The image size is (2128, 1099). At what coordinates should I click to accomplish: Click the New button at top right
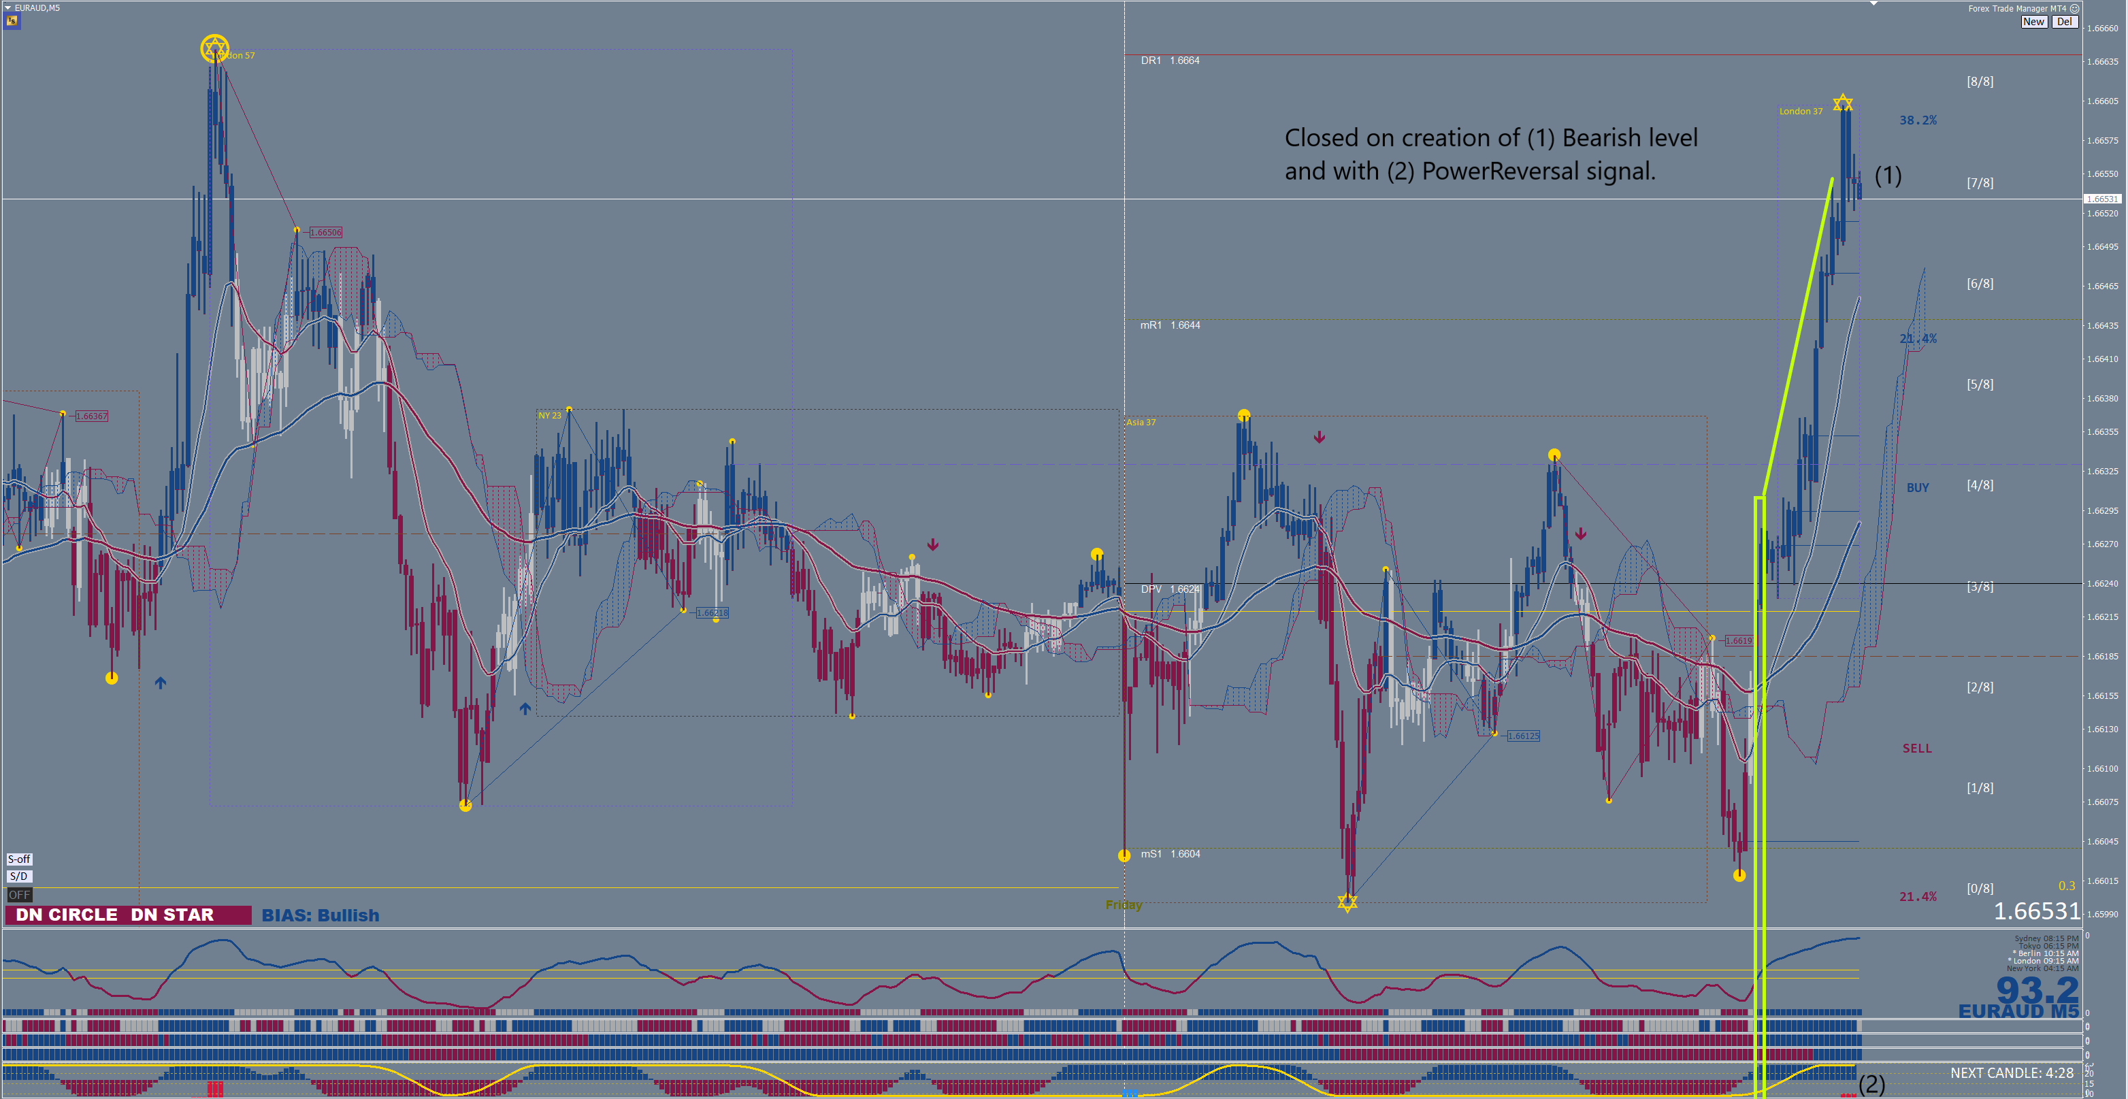2033,22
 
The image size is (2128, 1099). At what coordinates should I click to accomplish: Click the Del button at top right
2063,22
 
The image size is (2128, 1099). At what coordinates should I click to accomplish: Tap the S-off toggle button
19,859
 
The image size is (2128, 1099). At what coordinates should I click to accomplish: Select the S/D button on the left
19,876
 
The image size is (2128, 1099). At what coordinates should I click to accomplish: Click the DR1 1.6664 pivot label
1170,61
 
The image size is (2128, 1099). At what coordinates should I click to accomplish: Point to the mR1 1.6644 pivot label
1170,325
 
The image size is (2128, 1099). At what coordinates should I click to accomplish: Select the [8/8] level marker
1979,82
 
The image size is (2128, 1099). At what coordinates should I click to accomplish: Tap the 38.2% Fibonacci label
1917,120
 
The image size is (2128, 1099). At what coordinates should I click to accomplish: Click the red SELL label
1916,749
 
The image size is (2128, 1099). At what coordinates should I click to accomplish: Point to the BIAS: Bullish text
321,915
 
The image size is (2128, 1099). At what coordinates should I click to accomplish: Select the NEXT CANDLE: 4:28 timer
2012,1073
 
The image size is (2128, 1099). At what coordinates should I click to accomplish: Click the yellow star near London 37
1843,103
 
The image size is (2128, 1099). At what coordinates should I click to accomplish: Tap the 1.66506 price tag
325,233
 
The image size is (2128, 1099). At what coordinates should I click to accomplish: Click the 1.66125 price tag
1523,736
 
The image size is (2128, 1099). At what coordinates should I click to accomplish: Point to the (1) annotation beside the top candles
1888,175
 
